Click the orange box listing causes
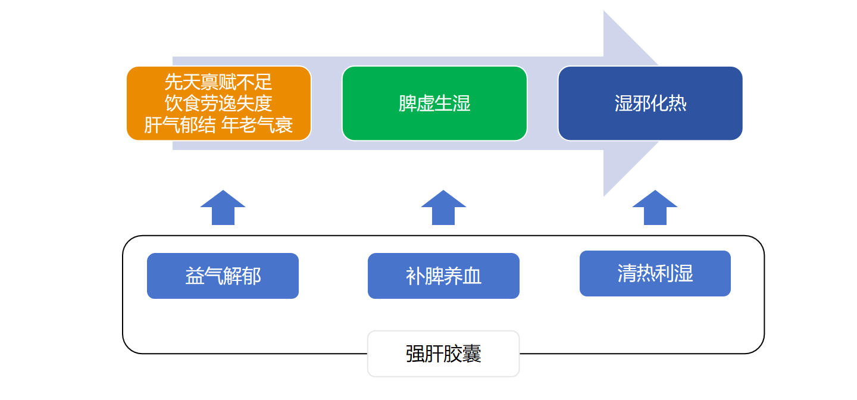pos(219,104)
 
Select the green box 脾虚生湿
pos(434,104)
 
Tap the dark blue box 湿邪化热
pos(650,104)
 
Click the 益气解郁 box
pos(223,276)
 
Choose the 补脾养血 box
pos(443,276)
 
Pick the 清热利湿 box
pos(655,273)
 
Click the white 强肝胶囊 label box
pos(443,354)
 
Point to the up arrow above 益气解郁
pos(223,208)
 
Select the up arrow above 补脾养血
pos(443,208)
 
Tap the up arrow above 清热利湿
pos(655,208)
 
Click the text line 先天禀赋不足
pos(218,82)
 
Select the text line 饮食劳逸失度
pos(218,104)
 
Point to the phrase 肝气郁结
pos(180,125)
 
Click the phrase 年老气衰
pos(257,125)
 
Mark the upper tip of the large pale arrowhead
pos(604,11)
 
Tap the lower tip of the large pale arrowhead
pos(604,196)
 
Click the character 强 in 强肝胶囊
pos(415,354)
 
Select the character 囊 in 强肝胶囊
pos(472,354)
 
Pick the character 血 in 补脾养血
pos(472,276)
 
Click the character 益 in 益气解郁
pos(195,276)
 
